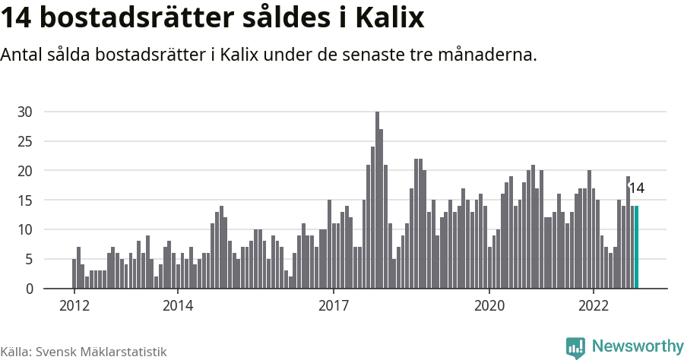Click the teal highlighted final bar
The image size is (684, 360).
click(636, 247)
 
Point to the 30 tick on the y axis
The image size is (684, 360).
click(25, 112)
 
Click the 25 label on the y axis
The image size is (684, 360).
click(25, 141)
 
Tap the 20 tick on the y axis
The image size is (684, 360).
click(25, 171)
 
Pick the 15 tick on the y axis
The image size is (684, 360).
click(25, 201)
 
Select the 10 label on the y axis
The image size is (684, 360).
click(25, 229)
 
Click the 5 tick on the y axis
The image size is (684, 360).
click(28, 259)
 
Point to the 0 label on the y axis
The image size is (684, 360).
click(28, 289)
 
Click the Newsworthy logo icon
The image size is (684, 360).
click(575, 347)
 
